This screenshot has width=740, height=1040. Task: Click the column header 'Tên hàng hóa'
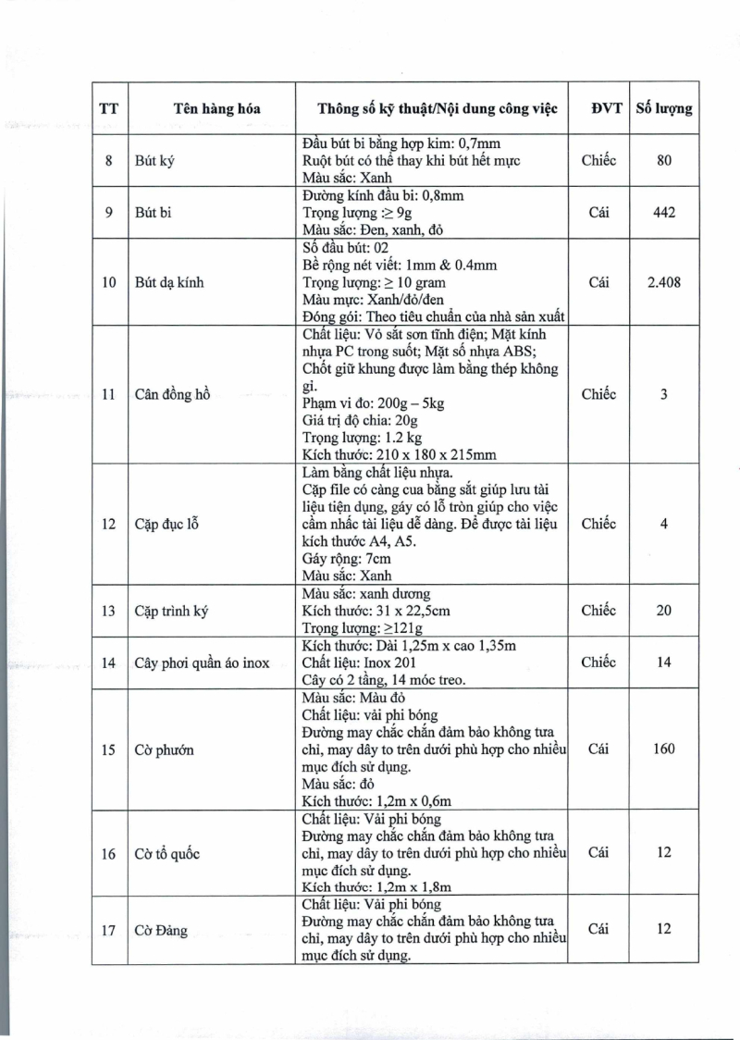coord(216,108)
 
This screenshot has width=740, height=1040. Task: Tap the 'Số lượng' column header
coord(663,108)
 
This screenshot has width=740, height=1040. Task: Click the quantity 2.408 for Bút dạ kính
coord(663,282)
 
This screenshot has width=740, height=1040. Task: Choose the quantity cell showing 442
coord(663,212)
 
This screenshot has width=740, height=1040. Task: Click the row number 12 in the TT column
coord(108,524)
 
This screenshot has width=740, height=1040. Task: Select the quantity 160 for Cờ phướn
coord(663,749)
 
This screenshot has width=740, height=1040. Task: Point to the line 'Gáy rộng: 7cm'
coord(347,559)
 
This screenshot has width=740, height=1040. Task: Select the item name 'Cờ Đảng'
coord(161,930)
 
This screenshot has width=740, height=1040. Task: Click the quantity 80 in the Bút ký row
coord(663,160)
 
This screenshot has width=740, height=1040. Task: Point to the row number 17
coord(108,930)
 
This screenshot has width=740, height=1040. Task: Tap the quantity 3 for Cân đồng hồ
coord(663,394)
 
